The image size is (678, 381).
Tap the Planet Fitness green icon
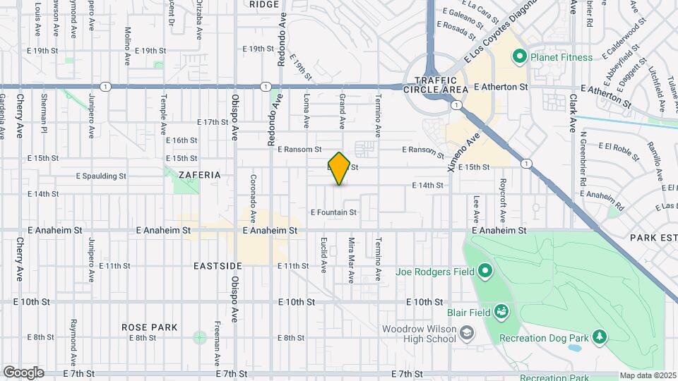520,56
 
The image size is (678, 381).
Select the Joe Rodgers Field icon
484,271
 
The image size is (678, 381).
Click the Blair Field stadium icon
501,310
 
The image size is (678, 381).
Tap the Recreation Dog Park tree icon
600,337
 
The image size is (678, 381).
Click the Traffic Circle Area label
436,85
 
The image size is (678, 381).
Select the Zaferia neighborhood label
200,174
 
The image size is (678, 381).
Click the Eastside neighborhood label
218,266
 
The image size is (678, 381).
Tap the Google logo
23,373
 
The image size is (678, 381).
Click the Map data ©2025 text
648,375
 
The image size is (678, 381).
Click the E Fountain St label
333,212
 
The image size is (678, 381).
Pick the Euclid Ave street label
324,255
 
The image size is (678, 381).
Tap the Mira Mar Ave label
351,255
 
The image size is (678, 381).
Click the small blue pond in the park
574,348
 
